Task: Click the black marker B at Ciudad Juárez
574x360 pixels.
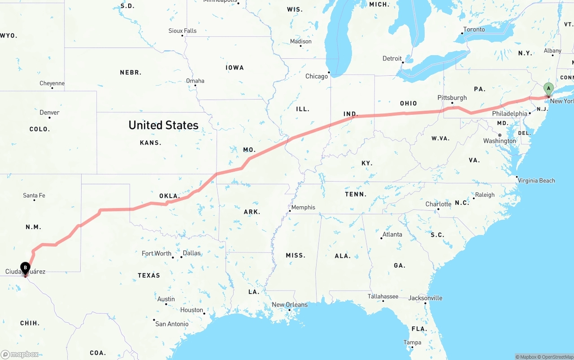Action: click(x=25, y=268)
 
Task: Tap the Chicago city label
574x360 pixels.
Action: click(x=317, y=76)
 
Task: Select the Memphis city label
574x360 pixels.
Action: click(x=304, y=207)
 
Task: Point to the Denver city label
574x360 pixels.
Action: click(x=49, y=112)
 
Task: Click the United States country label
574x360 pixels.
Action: click(x=163, y=125)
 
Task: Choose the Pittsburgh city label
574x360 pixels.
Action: click(x=452, y=98)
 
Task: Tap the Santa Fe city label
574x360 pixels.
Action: click(x=34, y=195)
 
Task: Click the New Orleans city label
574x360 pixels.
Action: click(x=290, y=305)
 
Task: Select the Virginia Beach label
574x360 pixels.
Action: click(x=537, y=181)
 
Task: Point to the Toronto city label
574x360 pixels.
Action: click(x=474, y=30)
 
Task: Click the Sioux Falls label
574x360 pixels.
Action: click(x=183, y=30)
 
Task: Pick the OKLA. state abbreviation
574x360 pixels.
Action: click(x=170, y=196)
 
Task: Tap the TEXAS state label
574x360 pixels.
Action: click(x=149, y=275)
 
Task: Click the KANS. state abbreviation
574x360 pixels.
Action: click(x=151, y=143)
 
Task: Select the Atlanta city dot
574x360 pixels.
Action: click(x=381, y=238)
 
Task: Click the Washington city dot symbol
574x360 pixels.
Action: click(x=500, y=135)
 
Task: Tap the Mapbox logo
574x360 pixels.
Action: click(x=20, y=354)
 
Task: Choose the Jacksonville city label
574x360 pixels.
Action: click(x=425, y=298)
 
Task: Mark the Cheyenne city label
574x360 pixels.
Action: click(x=52, y=83)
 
